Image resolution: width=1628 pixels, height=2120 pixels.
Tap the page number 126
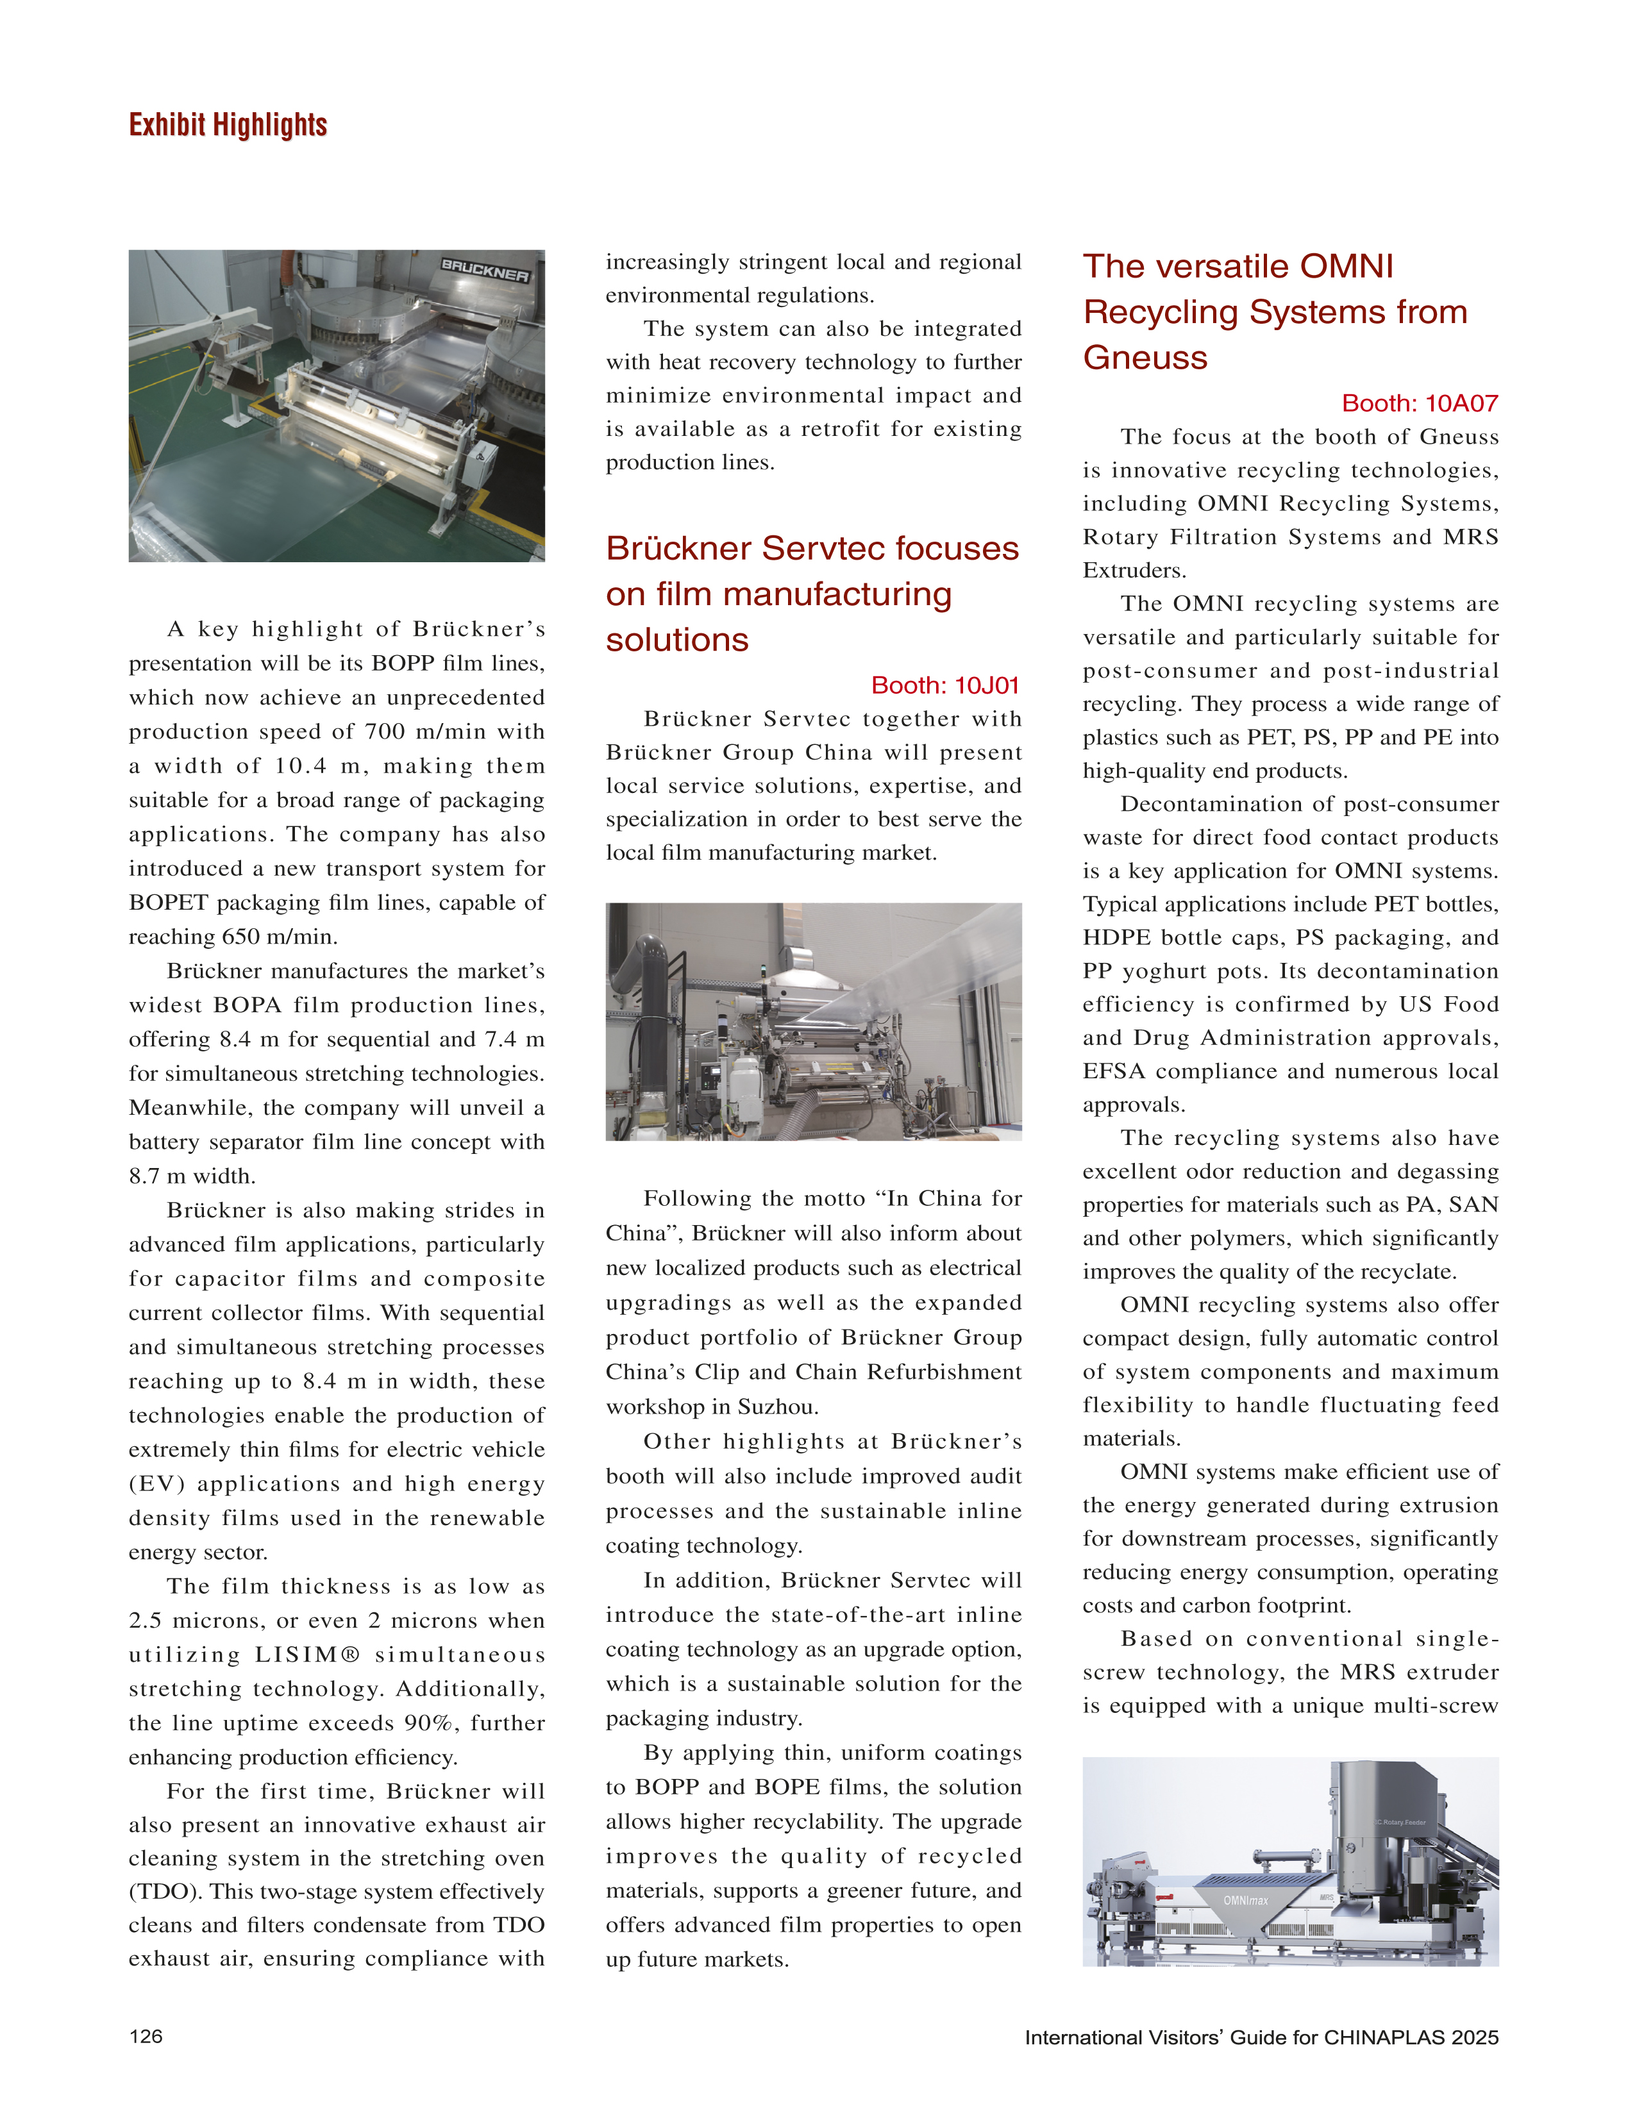point(146,2036)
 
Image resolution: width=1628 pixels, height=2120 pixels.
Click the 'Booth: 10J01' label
point(945,685)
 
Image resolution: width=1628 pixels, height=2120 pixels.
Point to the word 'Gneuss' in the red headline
point(1145,358)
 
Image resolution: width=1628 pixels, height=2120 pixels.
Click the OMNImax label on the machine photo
point(1245,1900)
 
